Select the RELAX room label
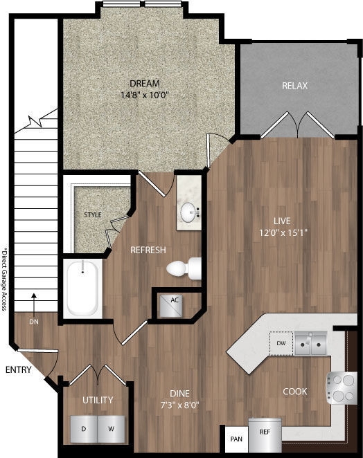point(294,86)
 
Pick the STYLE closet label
point(93,214)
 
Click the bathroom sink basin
point(188,211)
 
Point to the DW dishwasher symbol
point(281,342)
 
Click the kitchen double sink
point(310,342)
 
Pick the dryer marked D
point(83,430)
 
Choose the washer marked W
point(111,430)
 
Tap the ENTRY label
point(19,370)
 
